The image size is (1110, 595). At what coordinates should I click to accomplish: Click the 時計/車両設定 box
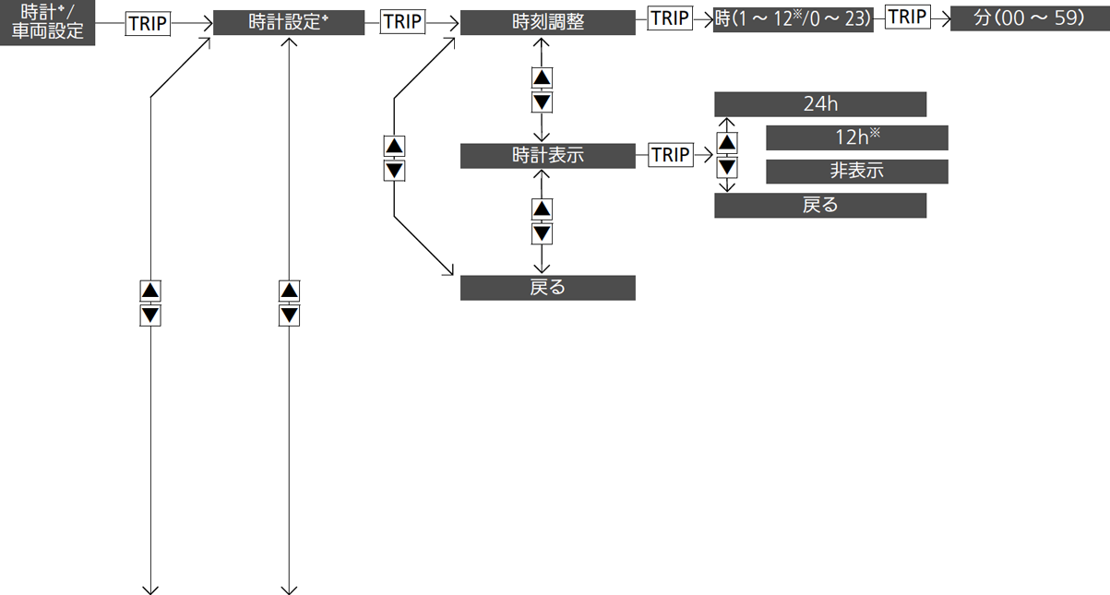tap(47, 23)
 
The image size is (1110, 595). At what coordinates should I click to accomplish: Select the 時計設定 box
tap(289, 22)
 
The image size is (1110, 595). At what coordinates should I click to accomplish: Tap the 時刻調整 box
tap(547, 22)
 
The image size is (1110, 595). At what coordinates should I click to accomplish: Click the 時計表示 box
tap(547, 156)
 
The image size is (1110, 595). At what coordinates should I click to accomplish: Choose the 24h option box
tap(820, 104)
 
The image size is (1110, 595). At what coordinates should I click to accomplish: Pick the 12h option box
tap(857, 137)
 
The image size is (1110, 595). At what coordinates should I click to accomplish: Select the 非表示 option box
tap(857, 172)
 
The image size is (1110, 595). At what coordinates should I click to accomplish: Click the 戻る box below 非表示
tap(820, 205)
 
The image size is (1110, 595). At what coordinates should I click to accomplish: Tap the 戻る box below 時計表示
tap(547, 288)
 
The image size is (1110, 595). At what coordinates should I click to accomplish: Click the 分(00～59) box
tap(1030, 18)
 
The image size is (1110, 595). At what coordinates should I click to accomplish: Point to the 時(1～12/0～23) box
tap(793, 19)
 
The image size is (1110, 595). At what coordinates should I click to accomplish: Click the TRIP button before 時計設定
tap(148, 24)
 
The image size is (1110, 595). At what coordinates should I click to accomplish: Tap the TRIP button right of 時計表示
tap(671, 155)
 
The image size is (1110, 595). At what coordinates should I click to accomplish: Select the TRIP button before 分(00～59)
tap(907, 17)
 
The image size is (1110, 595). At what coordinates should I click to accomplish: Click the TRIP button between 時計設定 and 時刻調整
tap(402, 22)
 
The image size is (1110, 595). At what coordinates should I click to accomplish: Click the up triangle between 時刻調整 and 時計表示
tap(542, 77)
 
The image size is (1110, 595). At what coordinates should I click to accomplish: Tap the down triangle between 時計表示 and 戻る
tap(542, 233)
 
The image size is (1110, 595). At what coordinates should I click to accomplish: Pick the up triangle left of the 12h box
tap(727, 143)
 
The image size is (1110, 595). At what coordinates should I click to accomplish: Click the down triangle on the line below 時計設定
tap(289, 315)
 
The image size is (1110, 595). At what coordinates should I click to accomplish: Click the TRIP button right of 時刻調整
tap(670, 18)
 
